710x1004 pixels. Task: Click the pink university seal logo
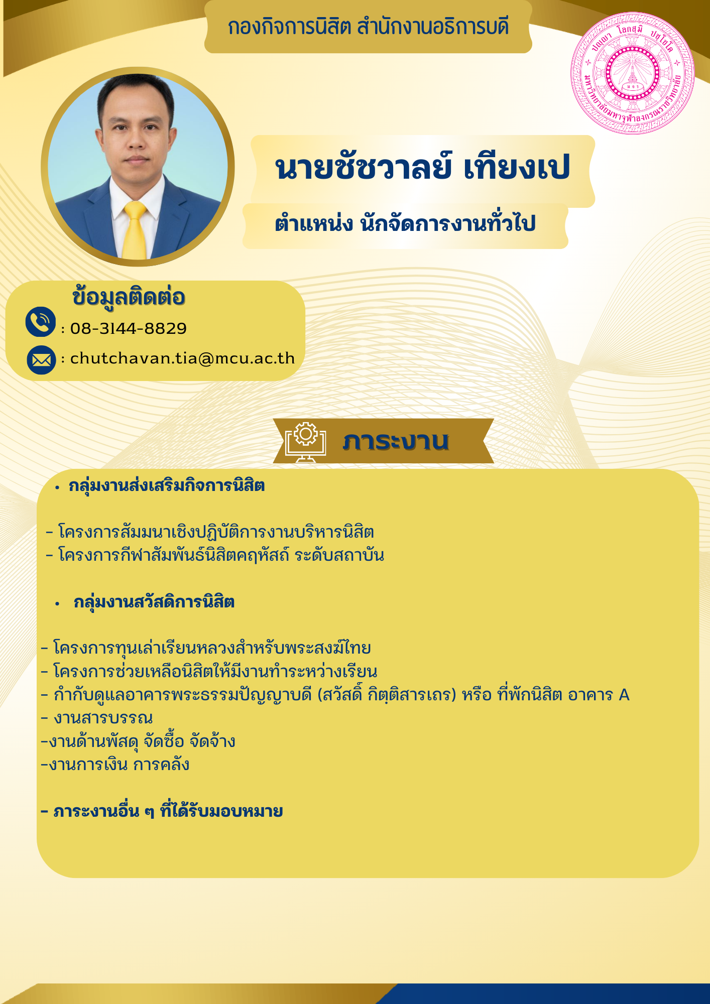[x=633, y=73]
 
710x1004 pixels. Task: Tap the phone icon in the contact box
[x=41, y=322]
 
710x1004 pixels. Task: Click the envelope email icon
[x=41, y=360]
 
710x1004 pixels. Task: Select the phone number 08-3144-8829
[x=129, y=328]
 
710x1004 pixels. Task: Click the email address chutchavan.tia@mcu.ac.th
[x=182, y=358]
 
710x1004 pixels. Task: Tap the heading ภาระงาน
[x=396, y=441]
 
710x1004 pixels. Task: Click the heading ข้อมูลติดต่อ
[x=129, y=297]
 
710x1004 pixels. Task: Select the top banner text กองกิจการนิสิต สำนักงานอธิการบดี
[x=368, y=27]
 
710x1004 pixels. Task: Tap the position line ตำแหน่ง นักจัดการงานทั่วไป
[x=405, y=223]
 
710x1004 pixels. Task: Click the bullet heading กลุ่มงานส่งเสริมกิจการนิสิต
[x=167, y=486]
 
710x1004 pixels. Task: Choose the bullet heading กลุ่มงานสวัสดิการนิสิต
[x=154, y=602]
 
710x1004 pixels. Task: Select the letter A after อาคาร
[x=624, y=695]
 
